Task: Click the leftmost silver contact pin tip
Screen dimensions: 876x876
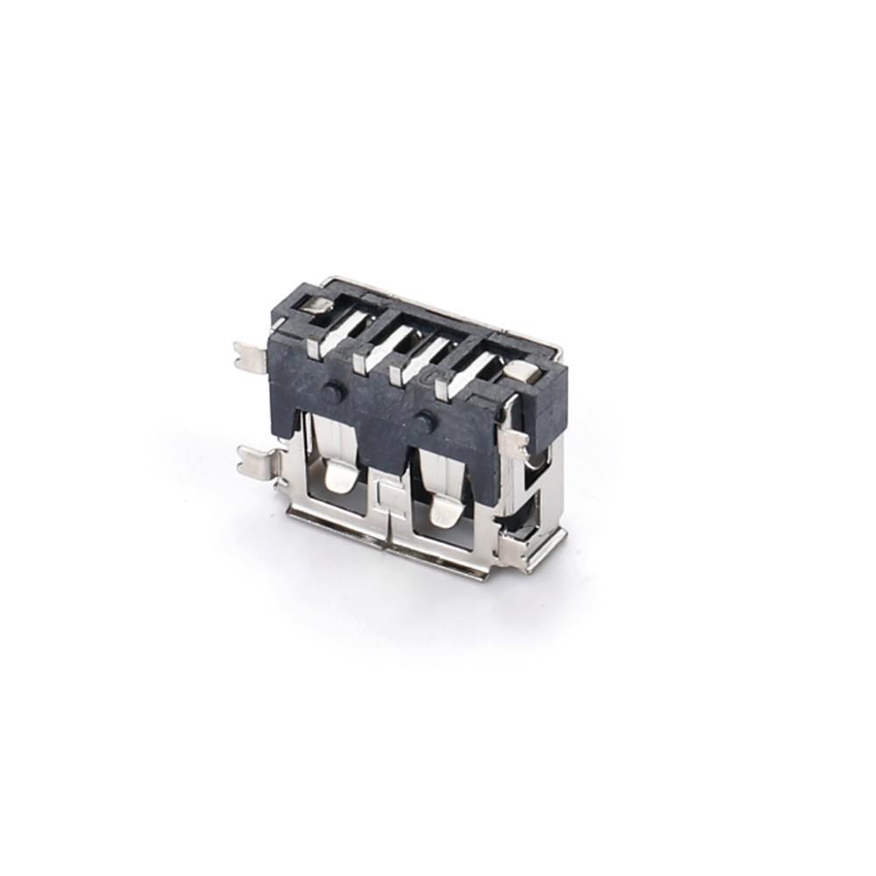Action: point(313,349)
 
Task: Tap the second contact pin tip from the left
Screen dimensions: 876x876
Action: point(359,360)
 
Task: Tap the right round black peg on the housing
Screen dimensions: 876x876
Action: point(427,420)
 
